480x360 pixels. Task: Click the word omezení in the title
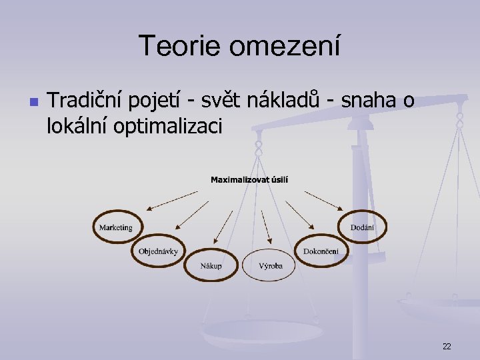coord(287,46)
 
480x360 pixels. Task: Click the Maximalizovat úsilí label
coord(249,179)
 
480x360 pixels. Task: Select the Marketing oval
coord(116,227)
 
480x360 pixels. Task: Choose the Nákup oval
coord(211,265)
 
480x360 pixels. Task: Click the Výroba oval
coord(271,265)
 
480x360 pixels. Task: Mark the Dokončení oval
coord(321,251)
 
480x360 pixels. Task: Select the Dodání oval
coord(362,227)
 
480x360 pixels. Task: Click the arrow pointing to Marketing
coord(171,201)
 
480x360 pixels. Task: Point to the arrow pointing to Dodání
coord(323,201)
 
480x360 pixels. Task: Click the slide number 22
coord(446,346)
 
